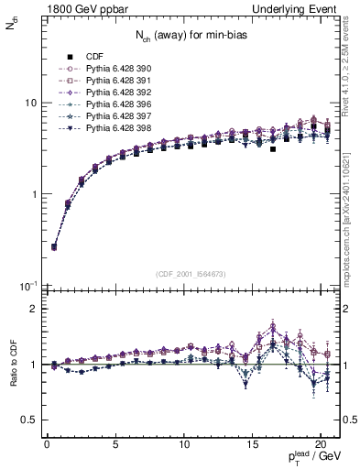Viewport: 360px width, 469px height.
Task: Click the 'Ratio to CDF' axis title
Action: point(12,364)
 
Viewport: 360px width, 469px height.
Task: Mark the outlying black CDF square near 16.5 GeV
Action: point(273,148)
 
